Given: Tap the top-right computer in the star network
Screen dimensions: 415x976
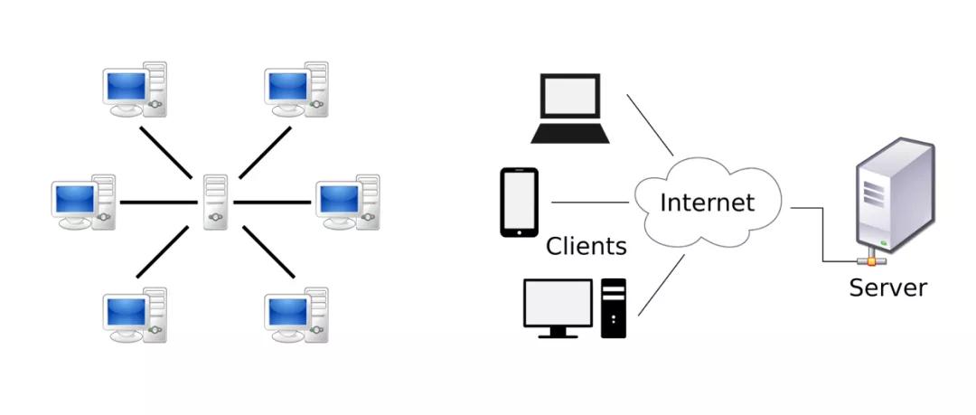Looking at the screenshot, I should [296, 90].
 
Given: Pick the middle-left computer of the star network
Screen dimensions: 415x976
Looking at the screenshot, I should [84, 203].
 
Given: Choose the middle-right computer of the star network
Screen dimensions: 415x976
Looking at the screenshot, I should [348, 203].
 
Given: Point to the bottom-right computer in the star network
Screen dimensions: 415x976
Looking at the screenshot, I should [296, 315].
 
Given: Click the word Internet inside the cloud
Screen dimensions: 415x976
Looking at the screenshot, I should [707, 203].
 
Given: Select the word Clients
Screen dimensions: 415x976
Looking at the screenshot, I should [586, 245].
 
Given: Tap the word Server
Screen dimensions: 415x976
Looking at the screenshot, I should [887, 288].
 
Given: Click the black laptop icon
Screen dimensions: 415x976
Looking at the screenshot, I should [569, 108].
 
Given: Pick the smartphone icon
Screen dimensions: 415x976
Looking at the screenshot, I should [519, 203].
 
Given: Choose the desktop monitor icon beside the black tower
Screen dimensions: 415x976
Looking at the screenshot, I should [558, 307].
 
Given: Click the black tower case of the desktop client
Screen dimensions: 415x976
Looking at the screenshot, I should [614, 307].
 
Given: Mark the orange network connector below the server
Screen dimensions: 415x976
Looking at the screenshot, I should [871, 259].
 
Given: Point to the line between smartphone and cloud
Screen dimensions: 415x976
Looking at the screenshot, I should [589, 203].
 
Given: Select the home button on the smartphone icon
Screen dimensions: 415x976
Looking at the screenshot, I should [519, 231].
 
